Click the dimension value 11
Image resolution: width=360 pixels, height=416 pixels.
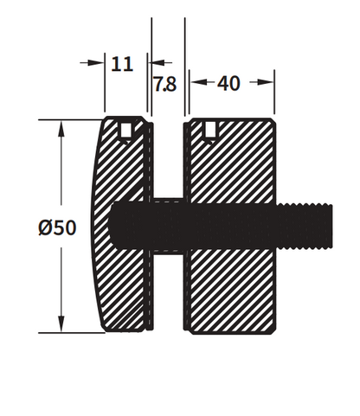124,63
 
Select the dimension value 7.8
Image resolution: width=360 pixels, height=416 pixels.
166,85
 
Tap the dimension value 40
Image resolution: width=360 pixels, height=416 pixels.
229,84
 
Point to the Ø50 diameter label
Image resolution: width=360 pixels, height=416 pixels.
58,228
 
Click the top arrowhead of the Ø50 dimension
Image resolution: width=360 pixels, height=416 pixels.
61,127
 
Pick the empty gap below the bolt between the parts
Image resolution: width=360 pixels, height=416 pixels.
170,294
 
